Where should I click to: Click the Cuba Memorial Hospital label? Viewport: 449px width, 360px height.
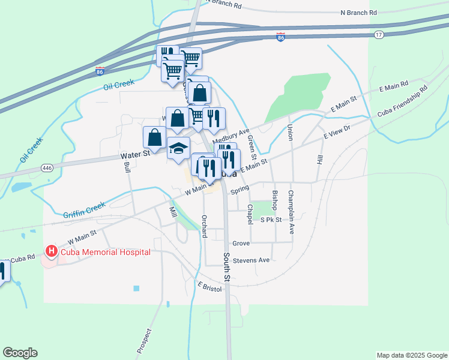[x=105, y=252]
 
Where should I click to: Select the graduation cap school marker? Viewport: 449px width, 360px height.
[x=178, y=148]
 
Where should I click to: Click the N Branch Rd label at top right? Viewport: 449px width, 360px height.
[x=358, y=12]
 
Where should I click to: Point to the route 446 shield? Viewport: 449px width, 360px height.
[x=47, y=168]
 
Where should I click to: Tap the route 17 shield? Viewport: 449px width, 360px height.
[x=378, y=35]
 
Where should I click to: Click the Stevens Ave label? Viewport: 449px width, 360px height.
[x=252, y=260]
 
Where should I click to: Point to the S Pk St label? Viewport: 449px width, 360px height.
[x=271, y=220]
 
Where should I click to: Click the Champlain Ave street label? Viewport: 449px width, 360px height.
[x=291, y=203]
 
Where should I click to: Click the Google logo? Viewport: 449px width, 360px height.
[x=20, y=353]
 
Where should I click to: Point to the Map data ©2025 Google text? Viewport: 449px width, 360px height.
[x=411, y=355]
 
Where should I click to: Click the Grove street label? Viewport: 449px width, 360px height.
[x=241, y=244]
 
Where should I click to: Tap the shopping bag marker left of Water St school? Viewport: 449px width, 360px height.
[x=155, y=137]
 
